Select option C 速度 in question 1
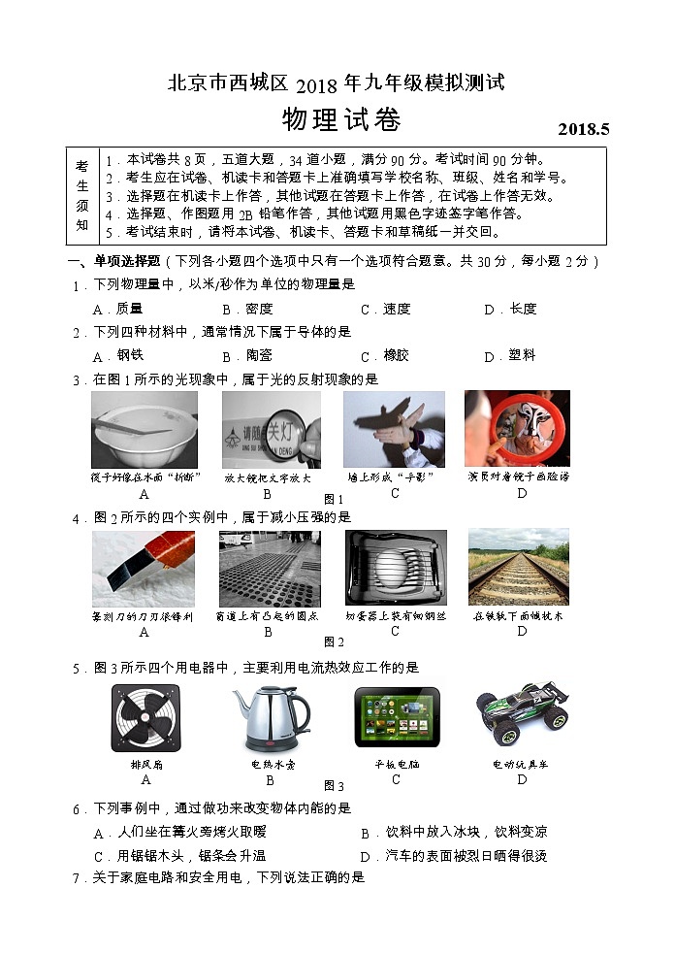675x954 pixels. click(x=386, y=310)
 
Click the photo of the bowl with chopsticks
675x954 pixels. click(x=145, y=429)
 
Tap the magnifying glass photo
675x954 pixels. click(x=271, y=429)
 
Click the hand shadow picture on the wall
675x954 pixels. click(x=394, y=429)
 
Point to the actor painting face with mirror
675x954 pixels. click(x=517, y=429)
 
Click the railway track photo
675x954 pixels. click(x=518, y=568)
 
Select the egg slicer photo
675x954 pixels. click(x=396, y=568)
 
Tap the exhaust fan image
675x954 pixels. click(x=145, y=719)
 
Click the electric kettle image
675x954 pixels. click(x=271, y=719)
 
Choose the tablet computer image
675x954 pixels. click(x=396, y=717)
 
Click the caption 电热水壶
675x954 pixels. click(x=271, y=764)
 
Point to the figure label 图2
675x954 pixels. click(x=334, y=641)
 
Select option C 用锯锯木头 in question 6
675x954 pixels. click(x=179, y=856)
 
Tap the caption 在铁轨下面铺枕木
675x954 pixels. click(x=518, y=616)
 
